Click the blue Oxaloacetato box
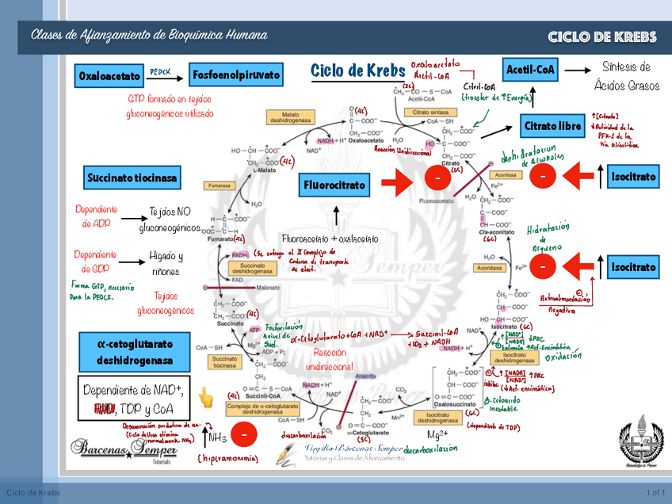tap(109, 77)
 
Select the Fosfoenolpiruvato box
tap(236, 75)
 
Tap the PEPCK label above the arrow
tap(160, 70)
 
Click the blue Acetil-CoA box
tap(531, 70)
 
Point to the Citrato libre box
tap(553, 126)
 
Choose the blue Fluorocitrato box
tap(334, 186)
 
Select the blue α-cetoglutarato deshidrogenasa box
tap(135, 352)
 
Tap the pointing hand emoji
tap(206, 397)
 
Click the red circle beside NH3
tap(245, 435)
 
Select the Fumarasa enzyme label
tap(220, 185)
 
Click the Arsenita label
tap(365, 376)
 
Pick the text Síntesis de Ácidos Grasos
tap(626, 76)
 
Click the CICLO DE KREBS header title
tap(601, 38)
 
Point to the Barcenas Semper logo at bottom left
tap(119, 449)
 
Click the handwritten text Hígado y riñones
tap(166, 264)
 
